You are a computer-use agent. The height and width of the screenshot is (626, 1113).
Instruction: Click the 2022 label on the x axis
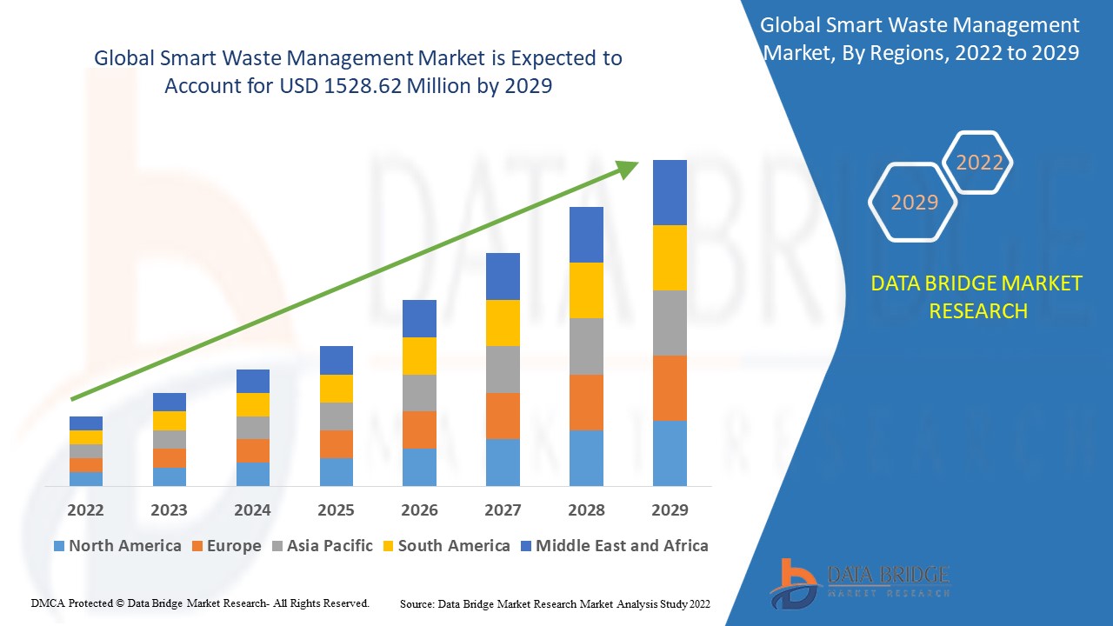click(85, 509)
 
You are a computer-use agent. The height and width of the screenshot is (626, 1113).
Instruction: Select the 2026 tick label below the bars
click(419, 509)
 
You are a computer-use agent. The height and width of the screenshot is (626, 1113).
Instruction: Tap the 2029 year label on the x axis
click(670, 509)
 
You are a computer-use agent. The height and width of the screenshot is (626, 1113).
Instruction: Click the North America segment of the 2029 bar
click(670, 453)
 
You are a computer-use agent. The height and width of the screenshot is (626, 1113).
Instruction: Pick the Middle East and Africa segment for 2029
click(670, 192)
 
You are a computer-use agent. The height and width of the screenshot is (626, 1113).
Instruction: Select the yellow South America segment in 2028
click(586, 290)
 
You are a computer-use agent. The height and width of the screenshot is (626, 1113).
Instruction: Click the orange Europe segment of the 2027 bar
click(503, 416)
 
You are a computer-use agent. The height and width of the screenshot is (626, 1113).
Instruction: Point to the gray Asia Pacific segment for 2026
click(419, 393)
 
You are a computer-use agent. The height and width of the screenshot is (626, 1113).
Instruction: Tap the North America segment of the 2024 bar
click(252, 474)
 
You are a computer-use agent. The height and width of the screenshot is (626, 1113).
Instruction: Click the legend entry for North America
click(117, 546)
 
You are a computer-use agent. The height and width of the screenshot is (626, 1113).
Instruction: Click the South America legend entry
click(445, 546)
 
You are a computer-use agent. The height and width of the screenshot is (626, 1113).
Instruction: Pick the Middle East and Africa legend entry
click(613, 546)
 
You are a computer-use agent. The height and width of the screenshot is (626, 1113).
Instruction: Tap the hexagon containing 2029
click(913, 202)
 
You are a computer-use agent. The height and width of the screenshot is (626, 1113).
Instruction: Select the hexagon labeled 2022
click(979, 163)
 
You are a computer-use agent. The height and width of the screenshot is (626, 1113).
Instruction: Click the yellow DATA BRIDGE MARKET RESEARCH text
click(977, 297)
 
